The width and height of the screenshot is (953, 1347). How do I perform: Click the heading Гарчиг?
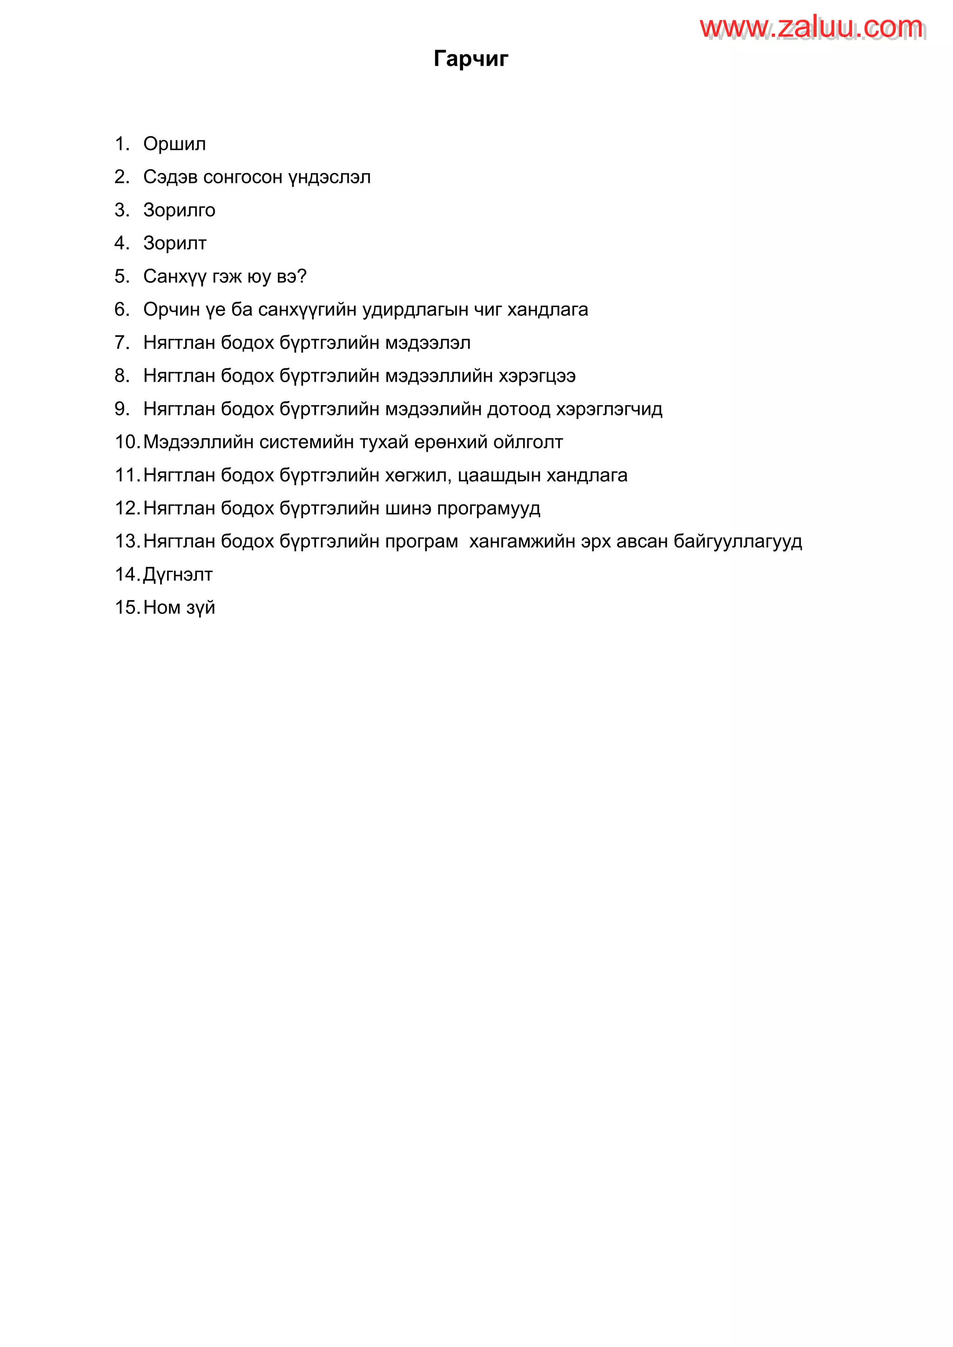470,59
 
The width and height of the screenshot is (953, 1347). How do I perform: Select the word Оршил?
174,144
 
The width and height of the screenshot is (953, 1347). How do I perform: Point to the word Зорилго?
179,210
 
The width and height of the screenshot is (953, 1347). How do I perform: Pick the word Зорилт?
175,243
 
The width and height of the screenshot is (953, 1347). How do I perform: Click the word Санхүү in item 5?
175,276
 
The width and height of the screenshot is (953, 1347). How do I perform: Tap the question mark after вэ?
302,276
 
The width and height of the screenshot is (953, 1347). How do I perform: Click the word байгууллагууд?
738,541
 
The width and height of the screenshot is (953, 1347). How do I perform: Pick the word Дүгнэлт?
178,574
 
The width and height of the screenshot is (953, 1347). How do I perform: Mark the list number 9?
121,409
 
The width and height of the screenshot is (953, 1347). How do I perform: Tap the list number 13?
126,541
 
